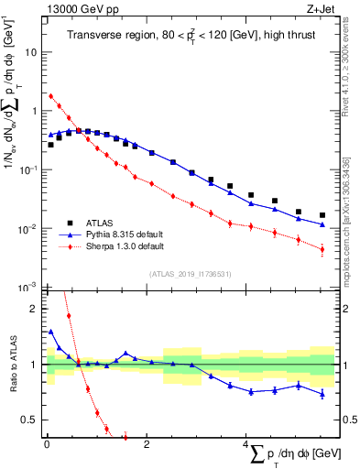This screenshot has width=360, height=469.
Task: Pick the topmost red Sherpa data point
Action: pyautogui.click(x=51, y=95)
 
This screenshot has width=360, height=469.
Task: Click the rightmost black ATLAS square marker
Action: pyautogui.click(x=322, y=215)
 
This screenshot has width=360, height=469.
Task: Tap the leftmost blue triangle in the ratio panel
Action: pyautogui.click(x=51, y=332)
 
